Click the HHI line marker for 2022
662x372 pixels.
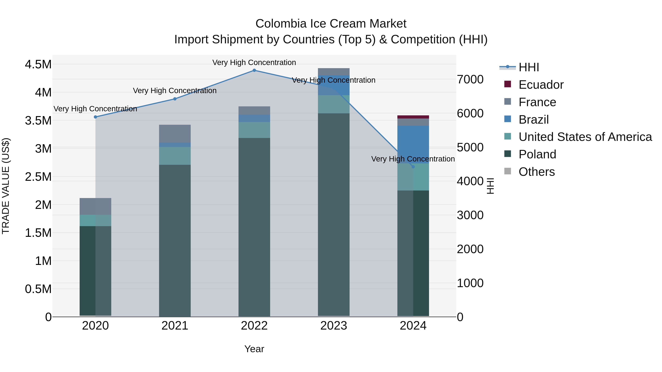point(254,70)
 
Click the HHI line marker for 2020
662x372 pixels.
point(95,117)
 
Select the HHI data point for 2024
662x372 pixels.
point(413,167)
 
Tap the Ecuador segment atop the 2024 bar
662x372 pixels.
point(413,117)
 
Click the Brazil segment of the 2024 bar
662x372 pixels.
point(413,144)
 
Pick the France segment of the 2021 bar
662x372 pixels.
point(175,134)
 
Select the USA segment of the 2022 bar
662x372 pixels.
point(254,130)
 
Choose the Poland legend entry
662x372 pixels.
point(537,154)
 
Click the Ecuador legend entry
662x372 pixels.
point(541,85)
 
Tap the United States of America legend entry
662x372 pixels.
point(585,137)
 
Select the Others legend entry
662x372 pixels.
point(536,172)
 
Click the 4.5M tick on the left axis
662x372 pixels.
point(38,64)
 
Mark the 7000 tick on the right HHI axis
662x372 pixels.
point(470,80)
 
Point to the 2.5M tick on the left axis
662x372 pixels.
point(38,177)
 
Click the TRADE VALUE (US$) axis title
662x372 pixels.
point(6,186)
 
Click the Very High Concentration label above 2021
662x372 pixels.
point(175,91)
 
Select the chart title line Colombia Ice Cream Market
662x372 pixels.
point(331,24)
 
